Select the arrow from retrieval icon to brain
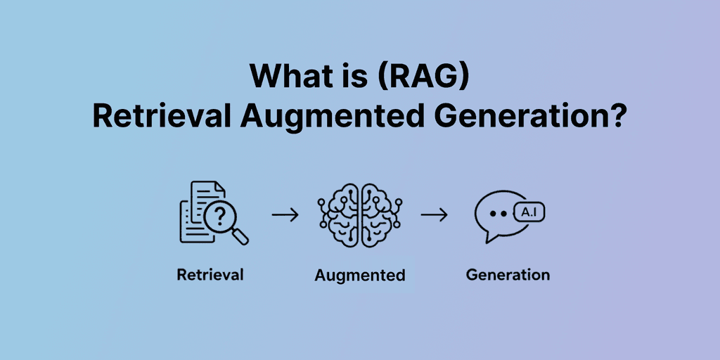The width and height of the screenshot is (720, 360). (285, 214)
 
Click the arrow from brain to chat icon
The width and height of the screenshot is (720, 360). (434, 214)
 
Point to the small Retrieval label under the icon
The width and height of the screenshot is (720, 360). (210, 274)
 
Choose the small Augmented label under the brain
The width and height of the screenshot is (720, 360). (360, 275)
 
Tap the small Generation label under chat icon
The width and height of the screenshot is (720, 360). (508, 274)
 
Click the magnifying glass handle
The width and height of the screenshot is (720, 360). (240, 237)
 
